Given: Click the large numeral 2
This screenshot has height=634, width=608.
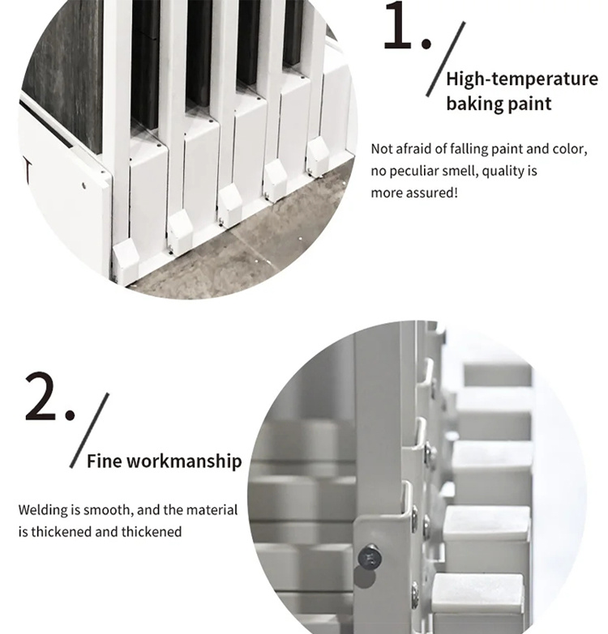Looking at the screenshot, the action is [41, 397].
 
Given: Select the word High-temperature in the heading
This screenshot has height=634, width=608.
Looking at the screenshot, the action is [522, 79].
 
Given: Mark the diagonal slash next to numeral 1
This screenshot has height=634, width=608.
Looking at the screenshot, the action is [446, 59].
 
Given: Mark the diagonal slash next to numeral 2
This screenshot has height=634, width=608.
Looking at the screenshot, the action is [89, 430].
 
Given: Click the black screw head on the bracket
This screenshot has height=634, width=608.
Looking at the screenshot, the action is [370, 559].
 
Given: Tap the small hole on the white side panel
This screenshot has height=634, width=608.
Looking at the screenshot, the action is [83, 185].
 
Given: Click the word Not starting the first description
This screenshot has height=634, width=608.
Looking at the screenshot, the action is [382, 149].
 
